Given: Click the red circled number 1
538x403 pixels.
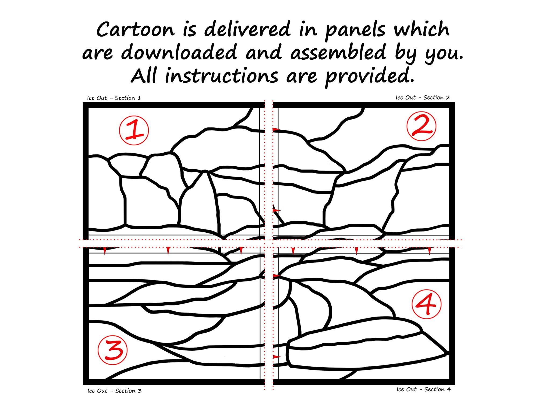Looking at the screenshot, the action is point(134,130).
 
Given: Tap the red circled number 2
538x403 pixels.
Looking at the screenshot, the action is point(422,126).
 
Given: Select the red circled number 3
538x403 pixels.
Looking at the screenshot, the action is point(112,350).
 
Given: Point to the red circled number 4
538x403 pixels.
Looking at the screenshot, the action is point(426,304).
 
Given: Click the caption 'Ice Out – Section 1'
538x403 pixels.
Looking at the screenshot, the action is point(114,98).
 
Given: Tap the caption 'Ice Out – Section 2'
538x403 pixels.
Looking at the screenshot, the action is point(423,98).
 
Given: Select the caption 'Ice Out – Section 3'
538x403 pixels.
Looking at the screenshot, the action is point(114,391).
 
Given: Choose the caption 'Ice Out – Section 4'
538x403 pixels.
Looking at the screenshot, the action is point(423,389).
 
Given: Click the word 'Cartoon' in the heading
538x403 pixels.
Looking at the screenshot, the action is point(136,29).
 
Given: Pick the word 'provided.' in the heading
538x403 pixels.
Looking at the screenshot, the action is point(370,77).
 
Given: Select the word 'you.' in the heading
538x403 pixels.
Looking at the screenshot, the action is point(444,54).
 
